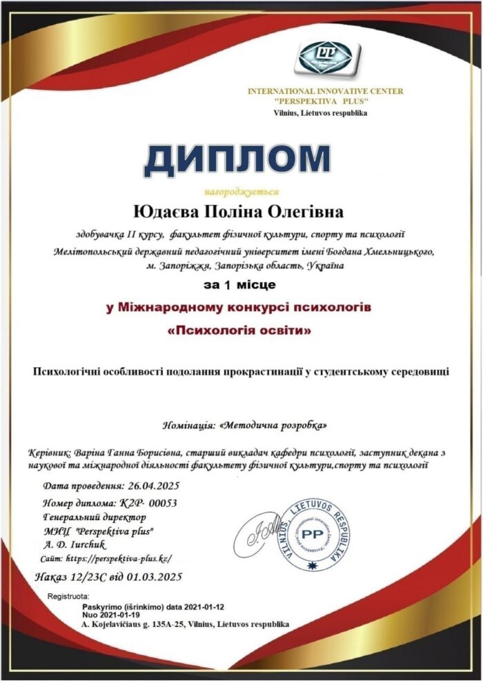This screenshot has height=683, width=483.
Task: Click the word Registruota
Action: pyautogui.click(x=68, y=595)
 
